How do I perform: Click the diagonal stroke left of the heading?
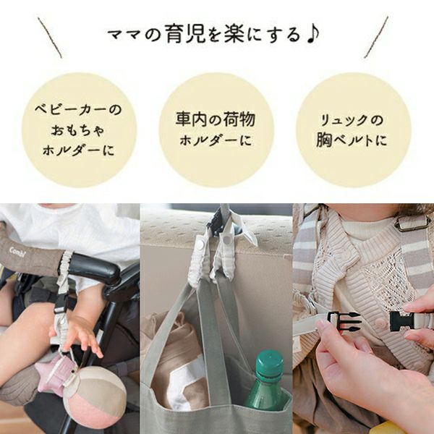[50, 38]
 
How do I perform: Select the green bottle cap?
[269, 362]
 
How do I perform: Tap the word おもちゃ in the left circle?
[79, 131]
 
